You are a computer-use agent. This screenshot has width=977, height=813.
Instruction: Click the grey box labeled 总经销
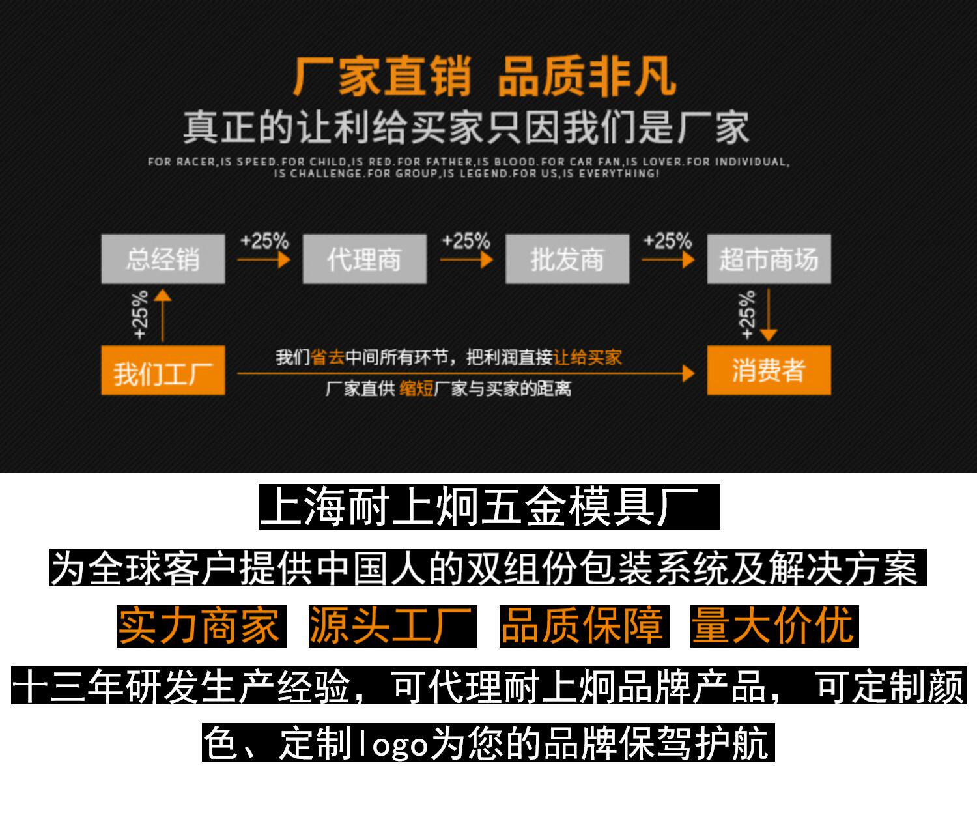[x=163, y=259]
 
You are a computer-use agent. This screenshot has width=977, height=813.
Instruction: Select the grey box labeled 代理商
[x=364, y=259]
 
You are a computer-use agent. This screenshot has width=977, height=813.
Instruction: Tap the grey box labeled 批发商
[x=567, y=259]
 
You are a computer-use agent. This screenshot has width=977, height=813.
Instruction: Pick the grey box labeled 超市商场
[x=769, y=259]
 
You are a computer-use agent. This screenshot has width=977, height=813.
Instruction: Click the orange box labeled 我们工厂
[x=163, y=371]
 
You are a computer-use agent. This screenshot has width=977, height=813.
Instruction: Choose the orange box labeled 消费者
[x=769, y=371]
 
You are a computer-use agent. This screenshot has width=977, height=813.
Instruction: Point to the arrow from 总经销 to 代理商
[x=263, y=260]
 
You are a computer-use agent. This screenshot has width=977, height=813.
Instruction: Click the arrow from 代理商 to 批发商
[x=466, y=260]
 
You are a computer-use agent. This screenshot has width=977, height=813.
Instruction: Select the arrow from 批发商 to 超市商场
[x=668, y=260]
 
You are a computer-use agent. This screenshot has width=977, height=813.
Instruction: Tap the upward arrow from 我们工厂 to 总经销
[x=162, y=316]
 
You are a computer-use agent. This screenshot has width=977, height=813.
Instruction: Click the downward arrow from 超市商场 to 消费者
[x=769, y=316]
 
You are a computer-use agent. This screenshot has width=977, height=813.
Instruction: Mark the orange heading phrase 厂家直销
[x=382, y=78]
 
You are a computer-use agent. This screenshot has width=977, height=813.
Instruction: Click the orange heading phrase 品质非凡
[x=587, y=78]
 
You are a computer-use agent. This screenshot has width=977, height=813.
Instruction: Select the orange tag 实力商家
[x=201, y=626]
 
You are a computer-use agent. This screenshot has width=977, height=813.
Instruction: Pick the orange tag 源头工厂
[x=393, y=626]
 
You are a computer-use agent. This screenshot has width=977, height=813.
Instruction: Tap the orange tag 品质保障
[x=584, y=626]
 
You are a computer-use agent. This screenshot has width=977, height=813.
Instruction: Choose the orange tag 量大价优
[x=774, y=626]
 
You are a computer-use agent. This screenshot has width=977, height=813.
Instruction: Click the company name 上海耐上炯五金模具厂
[x=489, y=507]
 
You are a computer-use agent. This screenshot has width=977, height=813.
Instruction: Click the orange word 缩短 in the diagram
[x=416, y=389]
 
